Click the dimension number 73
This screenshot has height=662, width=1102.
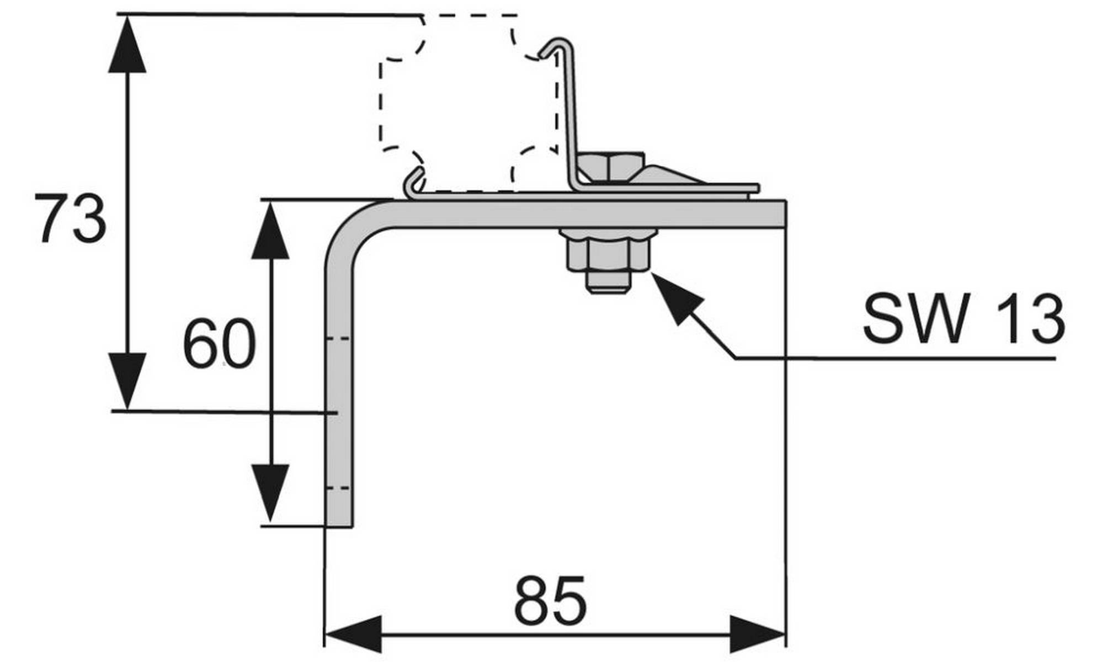pyautogui.click(x=71, y=219)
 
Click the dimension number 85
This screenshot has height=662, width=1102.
pyautogui.click(x=550, y=601)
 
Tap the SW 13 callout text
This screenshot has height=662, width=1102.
pyautogui.click(x=963, y=319)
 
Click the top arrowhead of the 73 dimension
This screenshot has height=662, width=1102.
pyautogui.click(x=127, y=47)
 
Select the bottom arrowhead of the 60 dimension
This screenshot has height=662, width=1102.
pyautogui.click(x=270, y=491)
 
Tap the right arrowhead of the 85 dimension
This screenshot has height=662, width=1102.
pyautogui.click(x=756, y=634)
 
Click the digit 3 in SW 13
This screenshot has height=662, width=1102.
pyautogui.click(x=1043, y=319)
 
